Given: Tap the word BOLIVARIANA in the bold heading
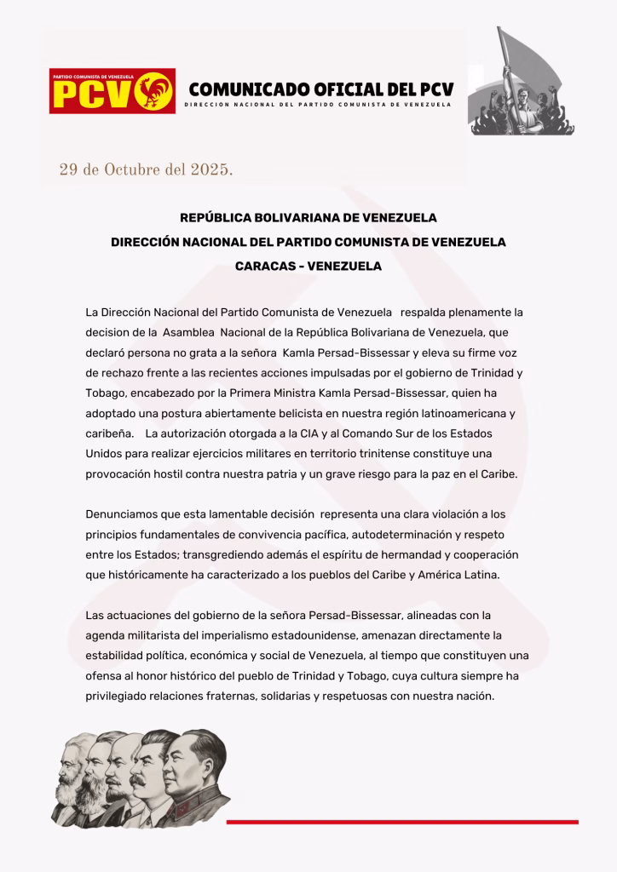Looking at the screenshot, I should coord(299,218).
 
